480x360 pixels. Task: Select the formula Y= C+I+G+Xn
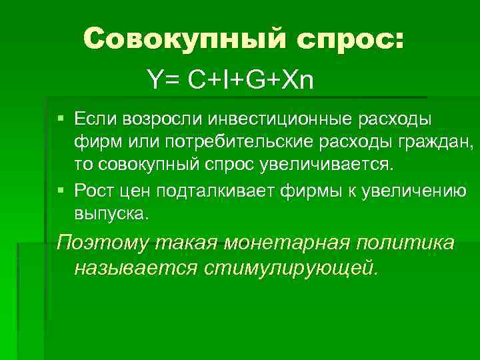click(231, 81)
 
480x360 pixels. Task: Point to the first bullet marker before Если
click(61, 118)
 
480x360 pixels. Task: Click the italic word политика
click(407, 243)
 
